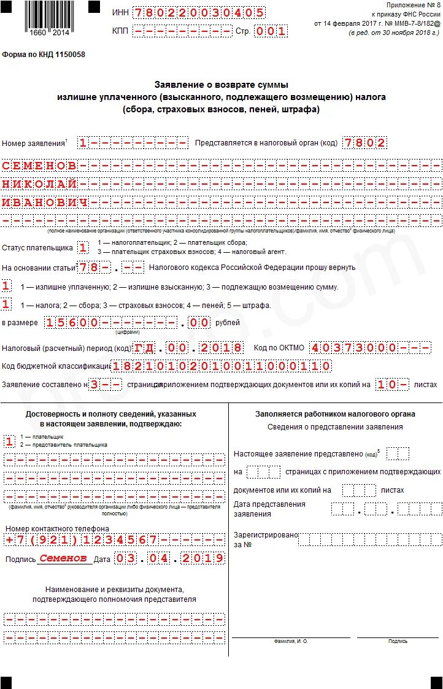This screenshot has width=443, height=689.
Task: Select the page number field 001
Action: (x=271, y=31)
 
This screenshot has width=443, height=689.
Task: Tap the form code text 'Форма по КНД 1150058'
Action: (x=44, y=55)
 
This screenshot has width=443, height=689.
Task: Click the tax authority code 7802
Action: (x=365, y=143)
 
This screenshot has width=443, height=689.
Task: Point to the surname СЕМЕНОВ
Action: (x=40, y=166)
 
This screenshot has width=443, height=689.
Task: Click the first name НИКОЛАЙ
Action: (x=40, y=184)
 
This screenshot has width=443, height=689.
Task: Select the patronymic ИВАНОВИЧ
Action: (x=45, y=202)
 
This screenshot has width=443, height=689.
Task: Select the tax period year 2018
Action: (x=221, y=348)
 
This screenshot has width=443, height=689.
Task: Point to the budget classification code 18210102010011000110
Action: (x=221, y=366)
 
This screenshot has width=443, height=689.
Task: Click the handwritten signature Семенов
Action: (x=64, y=558)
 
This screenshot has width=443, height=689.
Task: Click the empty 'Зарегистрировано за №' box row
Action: (x=370, y=539)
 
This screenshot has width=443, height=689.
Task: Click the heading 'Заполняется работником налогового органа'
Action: (x=335, y=414)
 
